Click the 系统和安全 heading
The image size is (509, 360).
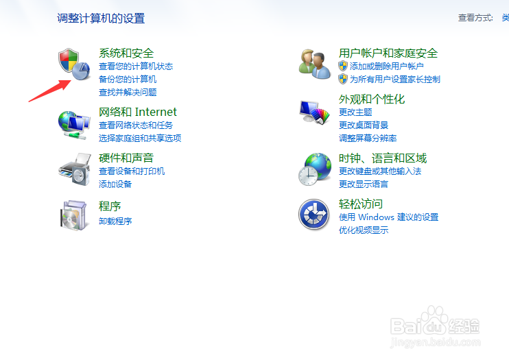tap(126, 53)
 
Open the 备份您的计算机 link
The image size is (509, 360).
tap(128, 80)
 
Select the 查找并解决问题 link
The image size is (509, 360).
tap(128, 92)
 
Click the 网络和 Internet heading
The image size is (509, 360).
tap(138, 112)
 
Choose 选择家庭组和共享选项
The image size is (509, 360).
tap(140, 139)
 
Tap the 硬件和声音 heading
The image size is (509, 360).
tap(126, 158)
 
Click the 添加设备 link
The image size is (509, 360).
tap(115, 184)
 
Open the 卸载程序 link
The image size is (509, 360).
tap(115, 221)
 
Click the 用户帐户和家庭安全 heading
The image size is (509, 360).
tap(388, 53)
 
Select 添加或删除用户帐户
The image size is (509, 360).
tap(387, 67)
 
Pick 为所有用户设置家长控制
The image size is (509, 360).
tap(395, 80)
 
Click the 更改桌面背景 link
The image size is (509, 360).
tap(364, 125)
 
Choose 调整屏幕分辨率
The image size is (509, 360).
tap(368, 139)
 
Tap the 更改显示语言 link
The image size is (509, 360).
tap(364, 184)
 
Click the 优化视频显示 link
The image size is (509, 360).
tap(364, 230)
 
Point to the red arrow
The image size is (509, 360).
tap(49, 91)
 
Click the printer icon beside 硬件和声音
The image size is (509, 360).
tap(75, 169)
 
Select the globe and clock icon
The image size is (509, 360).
tap(315, 169)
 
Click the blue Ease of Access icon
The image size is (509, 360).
tap(314, 214)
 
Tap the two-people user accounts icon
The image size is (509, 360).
tap(315, 64)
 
